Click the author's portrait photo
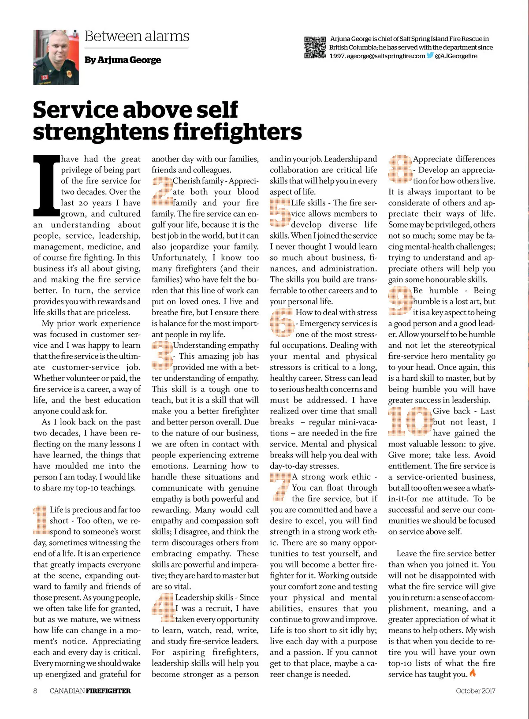click(x=56, y=57)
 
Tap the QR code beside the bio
click(x=315, y=48)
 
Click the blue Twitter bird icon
click(x=430, y=56)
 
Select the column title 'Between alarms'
click(x=137, y=36)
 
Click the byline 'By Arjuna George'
click(x=123, y=60)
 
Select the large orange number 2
click(x=162, y=191)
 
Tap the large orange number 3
click(x=162, y=356)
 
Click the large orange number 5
click(x=280, y=213)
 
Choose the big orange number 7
click(x=280, y=487)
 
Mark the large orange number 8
click(x=399, y=169)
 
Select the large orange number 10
click(x=410, y=421)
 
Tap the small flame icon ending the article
click(x=473, y=673)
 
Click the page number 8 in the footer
click(x=35, y=691)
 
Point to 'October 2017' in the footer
click(x=475, y=691)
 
